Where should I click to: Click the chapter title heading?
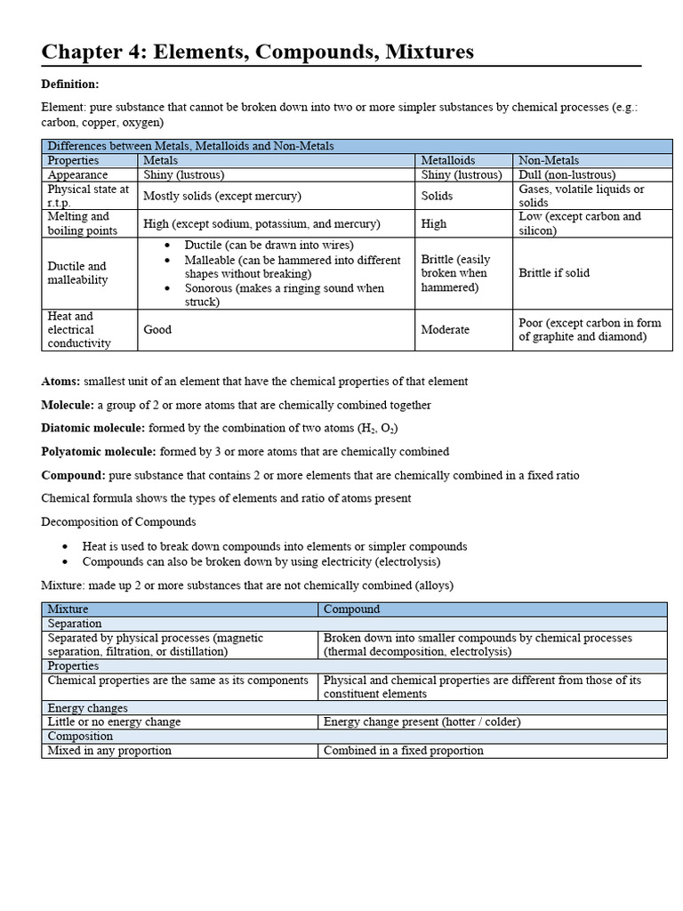[x=258, y=52]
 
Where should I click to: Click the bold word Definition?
[x=70, y=84]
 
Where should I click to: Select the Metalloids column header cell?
[x=448, y=160]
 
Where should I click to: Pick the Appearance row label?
[x=77, y=175]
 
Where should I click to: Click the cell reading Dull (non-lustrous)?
[x=566, y=175]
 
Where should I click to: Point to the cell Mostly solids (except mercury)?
[x=222, y=196]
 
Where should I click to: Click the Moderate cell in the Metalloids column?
[x=446, y=329]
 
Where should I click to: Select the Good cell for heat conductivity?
[x=157, y=329]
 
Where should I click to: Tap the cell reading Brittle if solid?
[x=554, y=273]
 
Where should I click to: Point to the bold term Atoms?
[x=61, y=382]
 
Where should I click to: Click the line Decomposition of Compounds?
[x=118, y=521]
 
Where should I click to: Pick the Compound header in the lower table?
[x=351, y=609]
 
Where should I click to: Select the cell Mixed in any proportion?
[x=109, y=750]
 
